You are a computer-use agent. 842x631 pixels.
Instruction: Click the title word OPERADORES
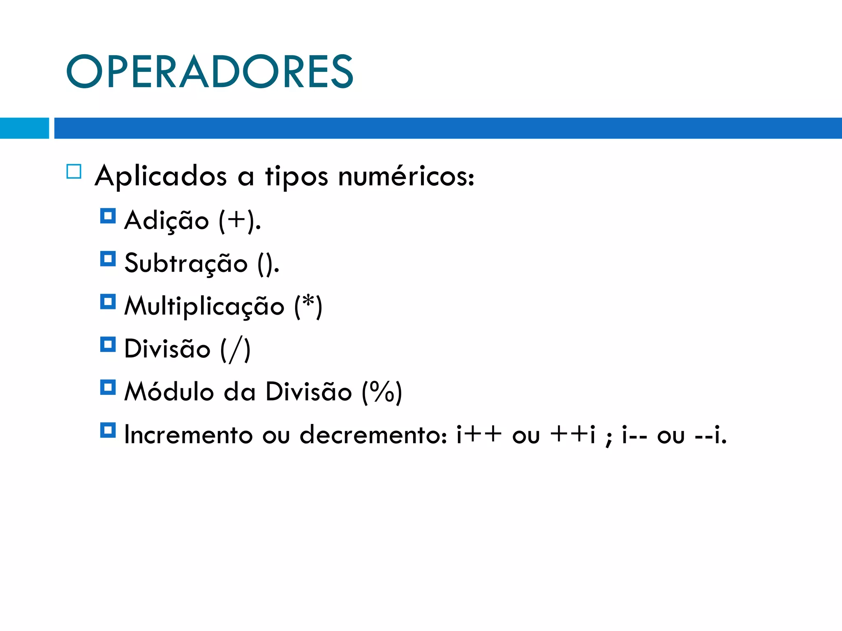tap(209, 71)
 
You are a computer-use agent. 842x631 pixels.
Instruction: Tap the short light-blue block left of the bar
tap(24, 128)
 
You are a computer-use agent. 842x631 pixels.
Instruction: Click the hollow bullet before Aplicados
tap(74, 171)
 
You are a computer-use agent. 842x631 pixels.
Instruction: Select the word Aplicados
tap(161, 176)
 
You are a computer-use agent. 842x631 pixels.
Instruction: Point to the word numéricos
tap(406, 176)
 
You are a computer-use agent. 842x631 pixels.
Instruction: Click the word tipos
tap(296, 176)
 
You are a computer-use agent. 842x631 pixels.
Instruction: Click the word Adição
tap(167, 221)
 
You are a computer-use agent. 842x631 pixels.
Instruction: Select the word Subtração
tap(186, 263)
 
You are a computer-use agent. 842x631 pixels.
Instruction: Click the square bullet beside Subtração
tap(108, 259)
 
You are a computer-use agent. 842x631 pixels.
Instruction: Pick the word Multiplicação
tap(204, 306)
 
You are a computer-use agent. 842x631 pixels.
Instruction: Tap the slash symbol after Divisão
tap(235, 349)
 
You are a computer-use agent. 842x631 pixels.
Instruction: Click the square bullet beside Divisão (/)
tap(108, 345)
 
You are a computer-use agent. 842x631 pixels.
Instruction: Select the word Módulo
tap(169, 391)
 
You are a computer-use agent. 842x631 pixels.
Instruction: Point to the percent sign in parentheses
tap(382, 391)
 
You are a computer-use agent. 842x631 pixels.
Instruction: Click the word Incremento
tap(188, 435)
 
